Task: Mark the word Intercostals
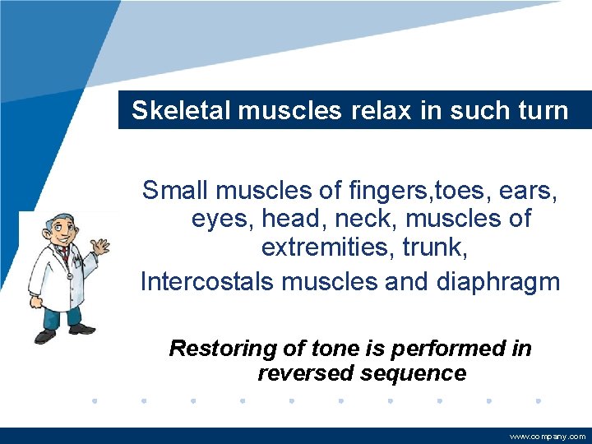coord(208,281)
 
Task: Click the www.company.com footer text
coord(548,437)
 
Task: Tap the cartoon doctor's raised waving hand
coord(100,247)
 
